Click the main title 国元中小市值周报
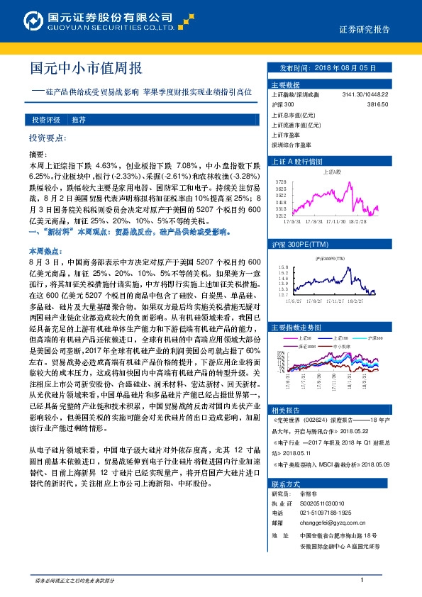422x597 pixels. (x=86, y=68)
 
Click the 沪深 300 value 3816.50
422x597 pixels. (x=377, y=104)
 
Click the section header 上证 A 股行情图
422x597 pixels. (x=297, y=161)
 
